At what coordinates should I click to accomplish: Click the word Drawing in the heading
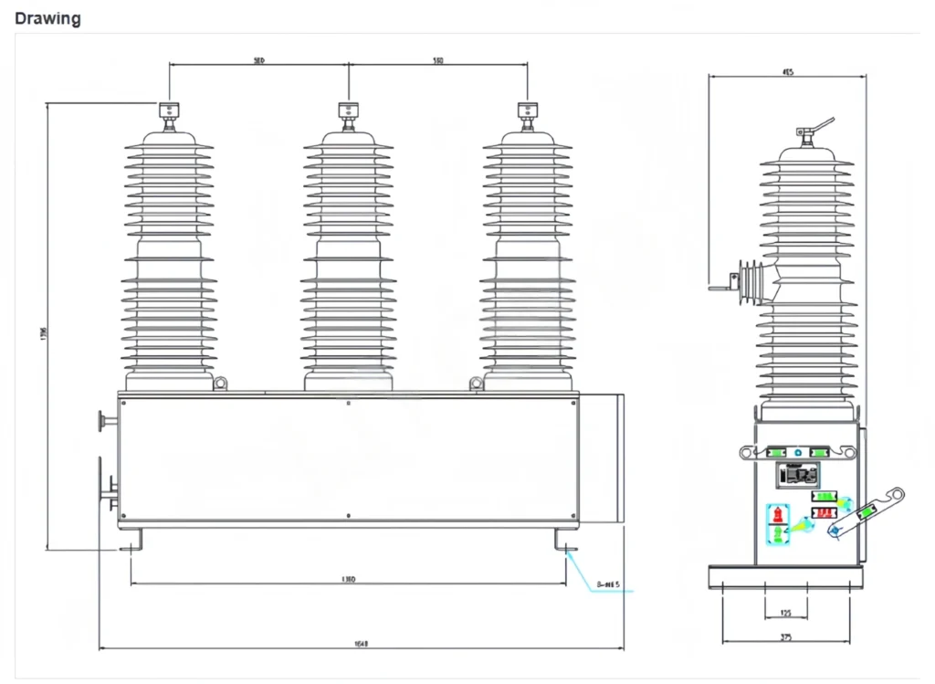click(47, 18)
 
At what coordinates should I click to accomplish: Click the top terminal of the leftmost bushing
click(169, 111)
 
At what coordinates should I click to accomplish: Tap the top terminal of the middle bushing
click(348, 111)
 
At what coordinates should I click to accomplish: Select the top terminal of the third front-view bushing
click(527, 111)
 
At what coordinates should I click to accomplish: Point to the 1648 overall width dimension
click(361, 644)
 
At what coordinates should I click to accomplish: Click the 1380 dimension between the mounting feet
click(348, 579)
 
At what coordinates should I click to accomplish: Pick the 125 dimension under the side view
click(786, 613)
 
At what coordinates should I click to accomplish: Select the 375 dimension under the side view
click(786, 637)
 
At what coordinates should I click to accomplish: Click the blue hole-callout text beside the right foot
click(607, 584)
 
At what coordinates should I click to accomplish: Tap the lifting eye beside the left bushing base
click(219, 384)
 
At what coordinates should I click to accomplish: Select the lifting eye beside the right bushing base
click(476, 384)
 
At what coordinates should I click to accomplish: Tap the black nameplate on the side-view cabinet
click(797, 475)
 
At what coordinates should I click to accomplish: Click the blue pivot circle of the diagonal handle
click(833, 530)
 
